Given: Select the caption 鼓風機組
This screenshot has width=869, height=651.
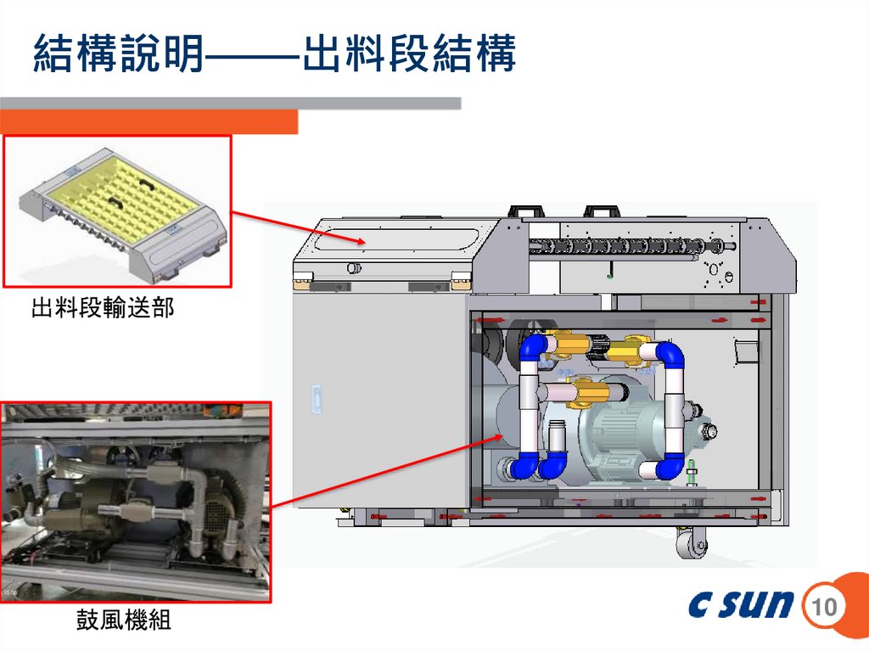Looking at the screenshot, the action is (x=123, y=621).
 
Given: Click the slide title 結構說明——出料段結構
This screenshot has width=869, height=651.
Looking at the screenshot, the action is (x=273, y=55).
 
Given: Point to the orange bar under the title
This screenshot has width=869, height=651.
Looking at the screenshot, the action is (x=149, y=122).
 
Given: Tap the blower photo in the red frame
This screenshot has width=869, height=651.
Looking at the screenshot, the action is (x=136, y=502).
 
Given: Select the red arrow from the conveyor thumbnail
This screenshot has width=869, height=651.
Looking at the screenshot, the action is (x=298, y=227).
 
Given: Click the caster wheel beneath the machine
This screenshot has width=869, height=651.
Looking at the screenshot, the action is (x=692, y=542).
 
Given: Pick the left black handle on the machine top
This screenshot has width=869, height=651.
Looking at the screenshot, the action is (x=525, y=210).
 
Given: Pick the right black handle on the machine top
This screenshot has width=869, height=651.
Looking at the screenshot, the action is (x=603, y=210).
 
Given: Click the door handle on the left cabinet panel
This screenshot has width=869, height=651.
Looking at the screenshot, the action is (x=317, y=398).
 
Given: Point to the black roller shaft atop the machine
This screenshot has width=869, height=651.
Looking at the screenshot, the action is (x=628, y=246).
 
